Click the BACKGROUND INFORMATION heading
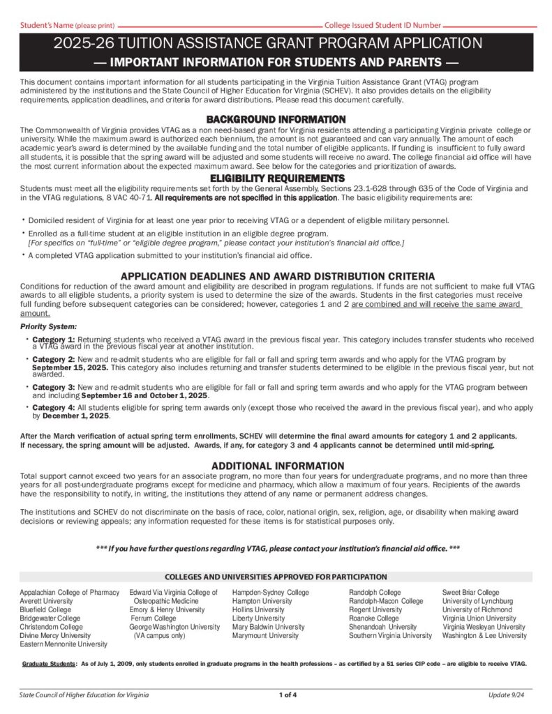pos(276,119)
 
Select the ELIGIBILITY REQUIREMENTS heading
pos(276,178)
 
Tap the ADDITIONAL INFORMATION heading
pos(277,466)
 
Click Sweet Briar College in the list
pos(470,593)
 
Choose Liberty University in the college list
pos(258,618)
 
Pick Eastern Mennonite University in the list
pos(64,644)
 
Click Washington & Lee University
pos(484,635)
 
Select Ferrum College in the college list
pos(154,618)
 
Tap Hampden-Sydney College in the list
pos(270,593)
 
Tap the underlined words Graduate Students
pos(50,664)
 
